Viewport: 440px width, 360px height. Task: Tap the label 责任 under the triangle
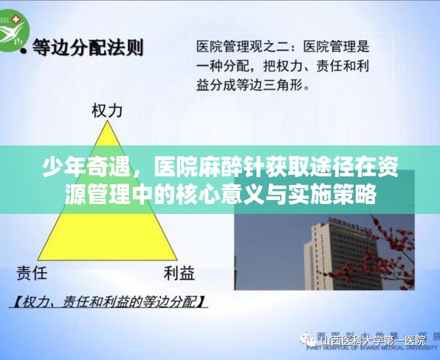click(x=32, y=272)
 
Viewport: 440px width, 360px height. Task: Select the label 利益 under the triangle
click(x=179, y=272)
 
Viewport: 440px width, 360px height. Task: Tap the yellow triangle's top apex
click(x=108, y=123)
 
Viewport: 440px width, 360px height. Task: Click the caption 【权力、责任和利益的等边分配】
click(x=109, y=303)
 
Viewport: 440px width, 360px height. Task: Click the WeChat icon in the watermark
click(x=309, y=340)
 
